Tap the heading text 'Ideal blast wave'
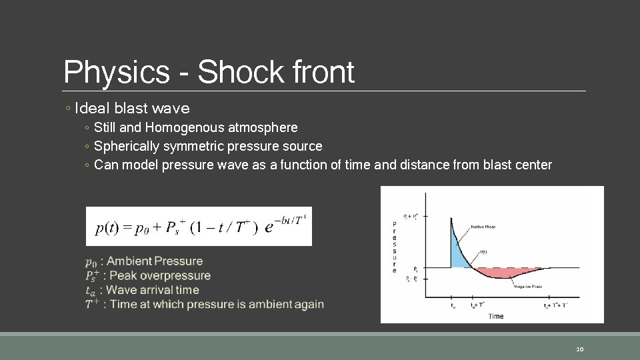click(133, 108)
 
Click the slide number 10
click(579, 349)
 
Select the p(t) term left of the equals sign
click(107, 228)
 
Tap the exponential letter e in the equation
click(269, 227)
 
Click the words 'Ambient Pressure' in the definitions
click(155, 261)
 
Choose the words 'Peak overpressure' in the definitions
click(159, 275)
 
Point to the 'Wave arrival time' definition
click(153, 290)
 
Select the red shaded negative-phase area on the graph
click(507, 273)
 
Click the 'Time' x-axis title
click(495, 316)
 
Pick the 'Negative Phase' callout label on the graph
click(528, 287)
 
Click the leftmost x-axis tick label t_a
click(454, 307)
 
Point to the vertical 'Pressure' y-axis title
click(395, 247)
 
